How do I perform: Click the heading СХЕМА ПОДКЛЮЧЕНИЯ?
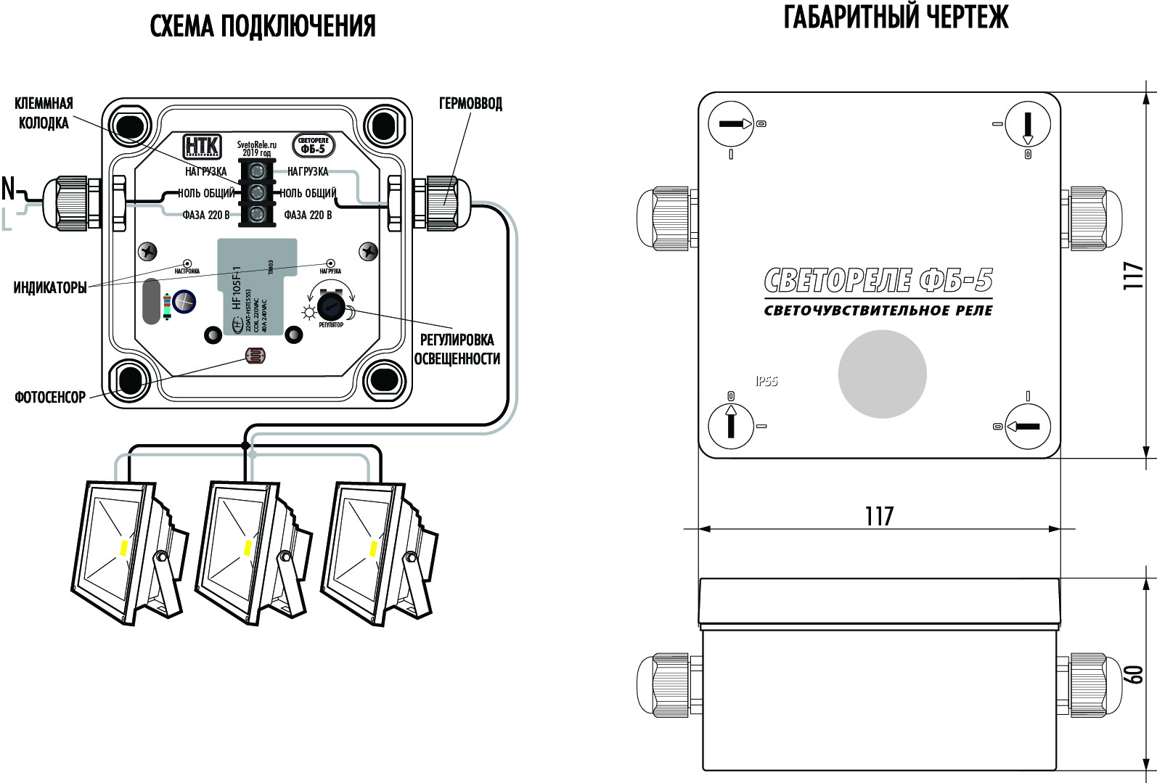pyautogui.click(x=263, y=27)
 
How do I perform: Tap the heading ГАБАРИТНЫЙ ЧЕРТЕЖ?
pyautogui.click(x=896, y=17)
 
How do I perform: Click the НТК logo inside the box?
pyautogui.click(x=202, y=146)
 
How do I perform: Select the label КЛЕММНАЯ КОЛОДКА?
pyautogui.click(x=44, y=113)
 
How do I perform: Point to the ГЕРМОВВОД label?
pyautogui.click(x=470, y=104)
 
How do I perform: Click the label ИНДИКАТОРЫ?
pyautogui.click(x=50, y=288)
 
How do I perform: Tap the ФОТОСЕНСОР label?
pyautogui.click(x=50, y=397)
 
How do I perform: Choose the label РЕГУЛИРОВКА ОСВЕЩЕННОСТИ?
pyautogui.click(x=457, y=349)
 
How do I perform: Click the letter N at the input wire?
pyautogui.click(x=8, y=189)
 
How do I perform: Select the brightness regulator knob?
pyautogui.click(x=331, y=306)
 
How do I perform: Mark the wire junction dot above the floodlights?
pyautogui.click(x=245, y=445)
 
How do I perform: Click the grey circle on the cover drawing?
pyautogui.click(x=882, y=374)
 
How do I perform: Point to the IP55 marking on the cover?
pyautogui.click(x=766, y=381)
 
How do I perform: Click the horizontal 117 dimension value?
pyautogui.click(x=879, y=516)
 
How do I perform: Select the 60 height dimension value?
pyautogui.click(x=1133, y=673)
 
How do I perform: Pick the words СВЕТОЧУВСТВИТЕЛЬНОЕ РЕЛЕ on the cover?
pyautogui.click(x=878, y=311)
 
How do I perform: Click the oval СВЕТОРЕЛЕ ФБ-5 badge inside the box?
pyautogui.click(x=314, y=146)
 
